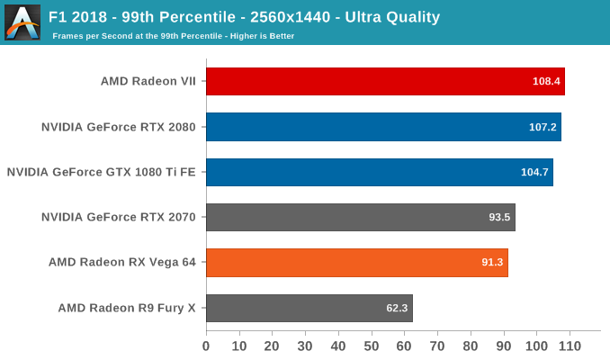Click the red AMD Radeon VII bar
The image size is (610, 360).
pos(385,81)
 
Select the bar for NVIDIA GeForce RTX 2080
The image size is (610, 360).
pos(383,127)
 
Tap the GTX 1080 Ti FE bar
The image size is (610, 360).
pos(379,172)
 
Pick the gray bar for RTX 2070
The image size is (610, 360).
pos(360,218)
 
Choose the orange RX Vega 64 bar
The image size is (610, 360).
pos(356,263)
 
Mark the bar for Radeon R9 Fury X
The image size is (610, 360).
pos(309,308)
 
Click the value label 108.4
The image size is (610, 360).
pos(546,81)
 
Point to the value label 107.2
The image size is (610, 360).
pos(543,127)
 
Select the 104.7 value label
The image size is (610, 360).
pos(534,172)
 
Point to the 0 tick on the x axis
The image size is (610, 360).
pos(206,346)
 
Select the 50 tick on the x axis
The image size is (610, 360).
pos(372,346)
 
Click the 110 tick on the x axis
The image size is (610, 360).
pos(570,346)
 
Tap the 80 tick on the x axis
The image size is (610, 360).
pos(471,346)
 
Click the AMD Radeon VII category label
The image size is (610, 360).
pos(148,81)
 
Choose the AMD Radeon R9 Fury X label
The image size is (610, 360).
pos(127,308)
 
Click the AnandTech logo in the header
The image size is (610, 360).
pos(22,22)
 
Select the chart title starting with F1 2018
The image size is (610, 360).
pos(244,16)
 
